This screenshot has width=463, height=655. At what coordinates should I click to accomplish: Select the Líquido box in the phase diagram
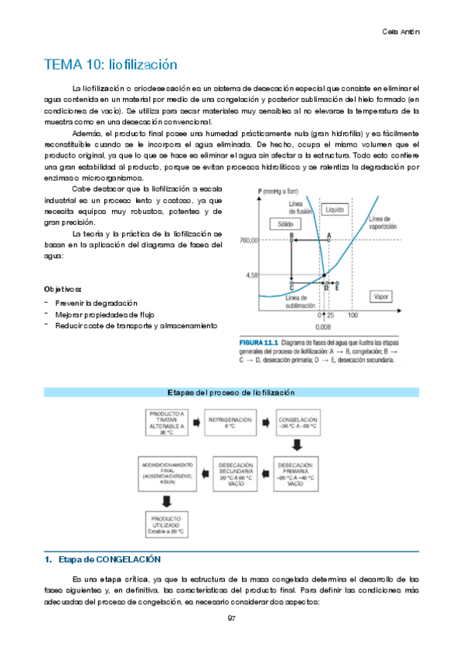pyautogui.click(x=335, y=209)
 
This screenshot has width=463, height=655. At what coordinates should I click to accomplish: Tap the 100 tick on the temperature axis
pyautogui.click(x=352, y=315)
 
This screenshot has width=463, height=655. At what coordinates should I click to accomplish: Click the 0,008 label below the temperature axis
pyautogui.click(x=325, y=327)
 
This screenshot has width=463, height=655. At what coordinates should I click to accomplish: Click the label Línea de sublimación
pyautogui.click(x=300, y=301)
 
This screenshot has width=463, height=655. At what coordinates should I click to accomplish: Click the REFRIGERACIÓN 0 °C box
pyautogui.click(x=232, y=423)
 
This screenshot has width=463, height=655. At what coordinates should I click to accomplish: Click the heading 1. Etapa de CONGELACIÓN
pyautogui.click(x=102, y=558)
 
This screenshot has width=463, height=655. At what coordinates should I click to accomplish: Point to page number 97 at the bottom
pyautogui.click(x=231, y=618)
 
